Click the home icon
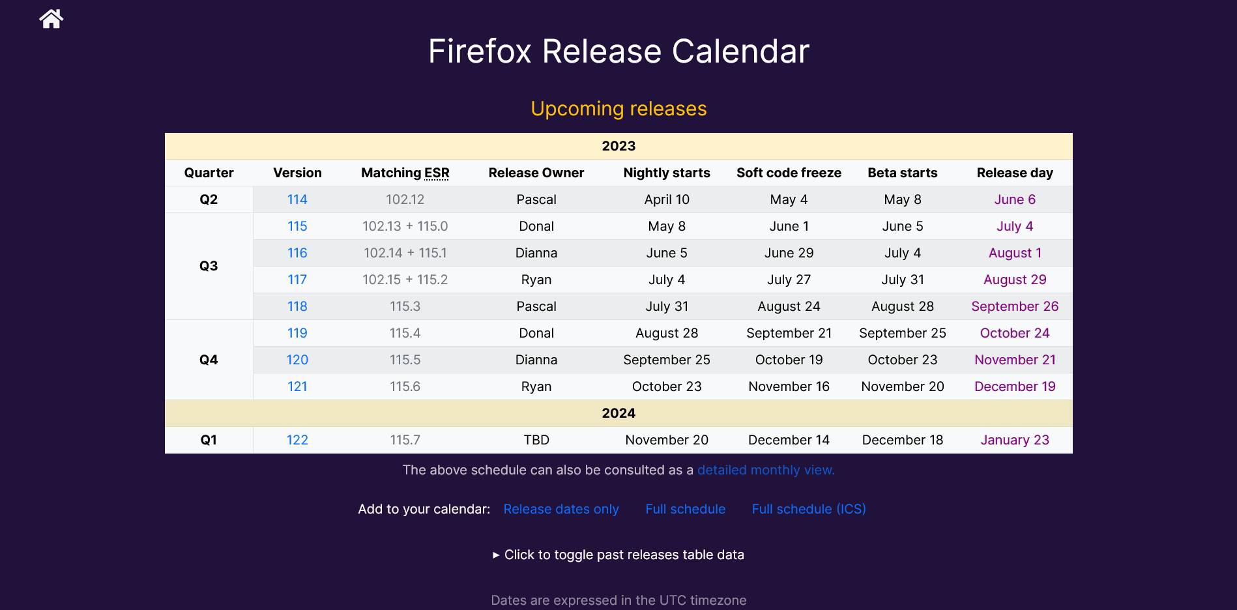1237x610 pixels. click(51, 19)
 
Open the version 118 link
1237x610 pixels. click(297, 306)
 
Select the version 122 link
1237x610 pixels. click(297, 440)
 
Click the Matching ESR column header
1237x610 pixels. click(405, 173)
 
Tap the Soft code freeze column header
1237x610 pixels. click(789, 173)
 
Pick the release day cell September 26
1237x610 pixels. click(1014, 306)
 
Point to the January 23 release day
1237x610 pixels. click(1014, 440)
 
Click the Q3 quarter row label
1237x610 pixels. click(209, 266)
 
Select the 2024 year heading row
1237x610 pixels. click(618, 413)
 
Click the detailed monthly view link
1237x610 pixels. click(765, 470)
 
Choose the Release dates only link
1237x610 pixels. click(560, 509)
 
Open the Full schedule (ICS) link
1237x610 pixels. click(808, 509)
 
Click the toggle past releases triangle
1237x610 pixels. click(496, 555)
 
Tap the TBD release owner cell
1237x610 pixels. click(536, 440)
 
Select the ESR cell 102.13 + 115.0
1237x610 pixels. click(405, 226)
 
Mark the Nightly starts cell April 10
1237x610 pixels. click(666, 199)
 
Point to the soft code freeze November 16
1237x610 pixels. click(789, 386)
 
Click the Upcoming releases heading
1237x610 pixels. click(618, 109)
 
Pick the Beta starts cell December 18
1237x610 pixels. click(902, 440)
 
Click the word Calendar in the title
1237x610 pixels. click(740, 51)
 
